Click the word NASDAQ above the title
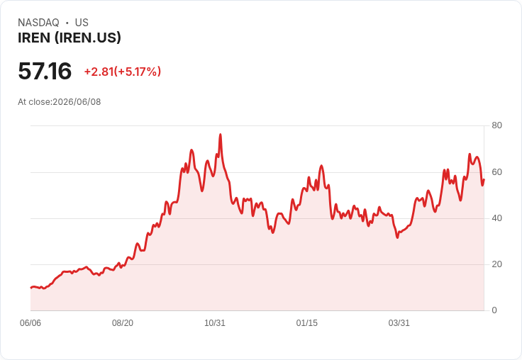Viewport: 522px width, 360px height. coord(38,23)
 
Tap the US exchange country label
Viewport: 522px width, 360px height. coord(82,23)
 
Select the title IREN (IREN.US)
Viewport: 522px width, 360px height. coord(70,38)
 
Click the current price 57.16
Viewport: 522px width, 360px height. coord(45,71)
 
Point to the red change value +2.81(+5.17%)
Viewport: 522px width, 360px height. coord(123,72)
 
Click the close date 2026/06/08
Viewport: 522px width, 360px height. coord(77,102)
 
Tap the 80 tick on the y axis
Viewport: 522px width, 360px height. coord(496,125)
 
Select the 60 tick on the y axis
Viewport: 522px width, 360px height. coord(496,172)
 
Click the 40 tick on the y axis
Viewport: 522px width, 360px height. coord(496,218)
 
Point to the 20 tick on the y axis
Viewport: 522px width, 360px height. coord(496,264)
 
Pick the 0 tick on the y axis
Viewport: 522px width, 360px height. coord(494,310)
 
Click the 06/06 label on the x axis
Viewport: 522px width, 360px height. coord(30,323)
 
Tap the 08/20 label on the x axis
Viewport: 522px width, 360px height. coord(123,323)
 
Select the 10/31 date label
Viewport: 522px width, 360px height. coord(215,323)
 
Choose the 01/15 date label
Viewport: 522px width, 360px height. coord(307,323)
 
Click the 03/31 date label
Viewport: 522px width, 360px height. coord(399,323)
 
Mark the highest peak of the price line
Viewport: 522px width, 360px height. coord(221,135)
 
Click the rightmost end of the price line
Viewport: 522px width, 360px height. coord(484,180)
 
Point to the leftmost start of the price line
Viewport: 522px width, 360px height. coord(31,288)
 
